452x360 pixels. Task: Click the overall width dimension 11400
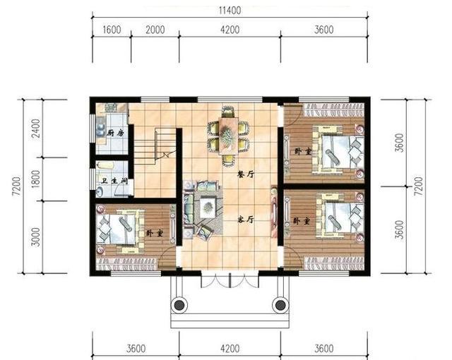tap(230, 11)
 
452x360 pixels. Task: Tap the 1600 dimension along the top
tap(112, 30)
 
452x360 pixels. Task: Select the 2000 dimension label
tap(155, 30)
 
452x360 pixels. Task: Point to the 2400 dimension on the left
tap(36, 128)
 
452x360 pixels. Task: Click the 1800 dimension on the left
tap(36, 179)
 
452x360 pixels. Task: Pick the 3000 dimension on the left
tap(36, 236)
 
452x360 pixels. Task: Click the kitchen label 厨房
tap(115, 133)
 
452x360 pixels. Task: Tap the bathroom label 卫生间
tap(114, 181)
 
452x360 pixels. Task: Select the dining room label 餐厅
tap(246, 174)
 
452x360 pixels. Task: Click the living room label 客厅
tap(246, 220)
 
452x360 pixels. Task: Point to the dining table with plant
tap(229, 136)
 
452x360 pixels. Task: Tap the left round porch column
tap(179, 305)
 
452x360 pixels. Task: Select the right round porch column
tap(280, 305)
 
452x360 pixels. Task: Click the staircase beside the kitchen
tap(155, 146)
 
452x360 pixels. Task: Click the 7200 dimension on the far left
tap(16, 186)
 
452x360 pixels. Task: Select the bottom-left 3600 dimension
tap(136, 349)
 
